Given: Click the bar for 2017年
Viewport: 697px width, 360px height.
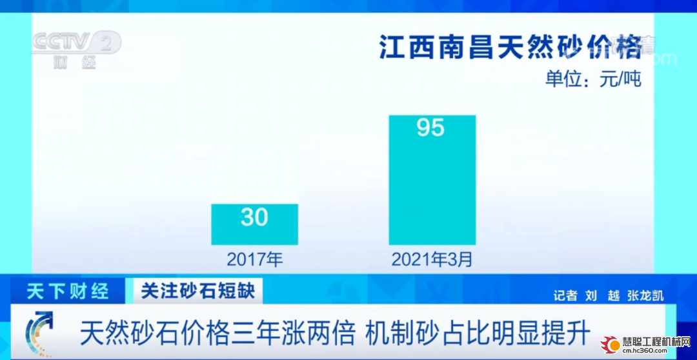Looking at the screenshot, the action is [x=254, y=225].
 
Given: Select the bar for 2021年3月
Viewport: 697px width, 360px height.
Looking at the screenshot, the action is [x=432, y=180].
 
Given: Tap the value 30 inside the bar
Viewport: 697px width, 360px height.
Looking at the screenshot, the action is [x=254, y=217].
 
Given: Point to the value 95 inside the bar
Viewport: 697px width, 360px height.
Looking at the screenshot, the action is [x=430, y=128].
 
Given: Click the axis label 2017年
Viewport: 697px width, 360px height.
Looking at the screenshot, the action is [x=255, y=259].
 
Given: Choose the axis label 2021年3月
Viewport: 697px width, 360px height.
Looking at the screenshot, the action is [x=432, y=259].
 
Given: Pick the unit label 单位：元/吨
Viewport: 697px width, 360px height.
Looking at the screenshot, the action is [x=594, y=79].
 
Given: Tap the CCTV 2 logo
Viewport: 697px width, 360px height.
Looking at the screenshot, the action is [x=76, y=43].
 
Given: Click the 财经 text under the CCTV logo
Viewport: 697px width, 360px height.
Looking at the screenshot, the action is [x=75, y=63].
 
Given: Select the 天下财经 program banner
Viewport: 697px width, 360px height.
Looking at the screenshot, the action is [x=68, y=291].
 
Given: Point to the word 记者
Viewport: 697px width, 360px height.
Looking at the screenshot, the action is [x=565, y=296].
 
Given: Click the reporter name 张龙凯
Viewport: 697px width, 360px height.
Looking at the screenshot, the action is [x=646, y=296].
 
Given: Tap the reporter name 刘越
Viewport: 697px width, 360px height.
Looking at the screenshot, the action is [x=602, y=296].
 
